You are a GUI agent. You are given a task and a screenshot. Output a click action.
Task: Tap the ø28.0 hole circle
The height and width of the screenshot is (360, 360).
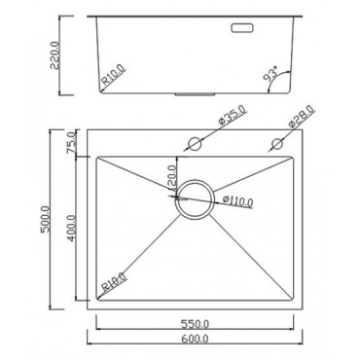276,145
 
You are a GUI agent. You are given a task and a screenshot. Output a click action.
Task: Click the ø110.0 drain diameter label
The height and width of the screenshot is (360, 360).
236,202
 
